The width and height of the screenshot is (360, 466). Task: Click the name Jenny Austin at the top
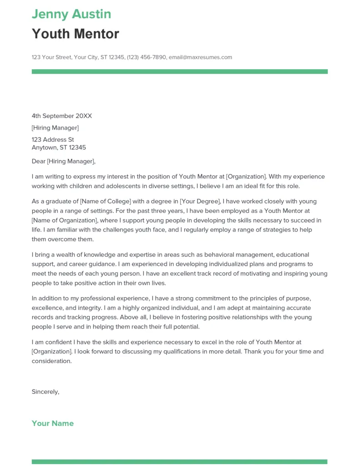[x=71, y=14]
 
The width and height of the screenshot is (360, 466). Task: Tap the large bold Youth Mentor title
[x=76, y=34]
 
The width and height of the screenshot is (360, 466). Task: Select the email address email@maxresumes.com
[x=200, y=57]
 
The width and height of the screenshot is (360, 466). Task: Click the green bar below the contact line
[x=180, y=71]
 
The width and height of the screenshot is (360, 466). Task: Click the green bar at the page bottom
[x=180, y=461]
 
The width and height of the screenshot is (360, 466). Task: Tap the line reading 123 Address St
[x=53, y=140]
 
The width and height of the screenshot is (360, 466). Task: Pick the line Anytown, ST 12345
[x=59, y=148]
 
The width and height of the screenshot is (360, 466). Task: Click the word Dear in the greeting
[x=39, y=162]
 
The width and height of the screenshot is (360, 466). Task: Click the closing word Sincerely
[x=45, y=392]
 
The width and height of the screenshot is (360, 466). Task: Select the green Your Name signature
[x=53, y=424]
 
